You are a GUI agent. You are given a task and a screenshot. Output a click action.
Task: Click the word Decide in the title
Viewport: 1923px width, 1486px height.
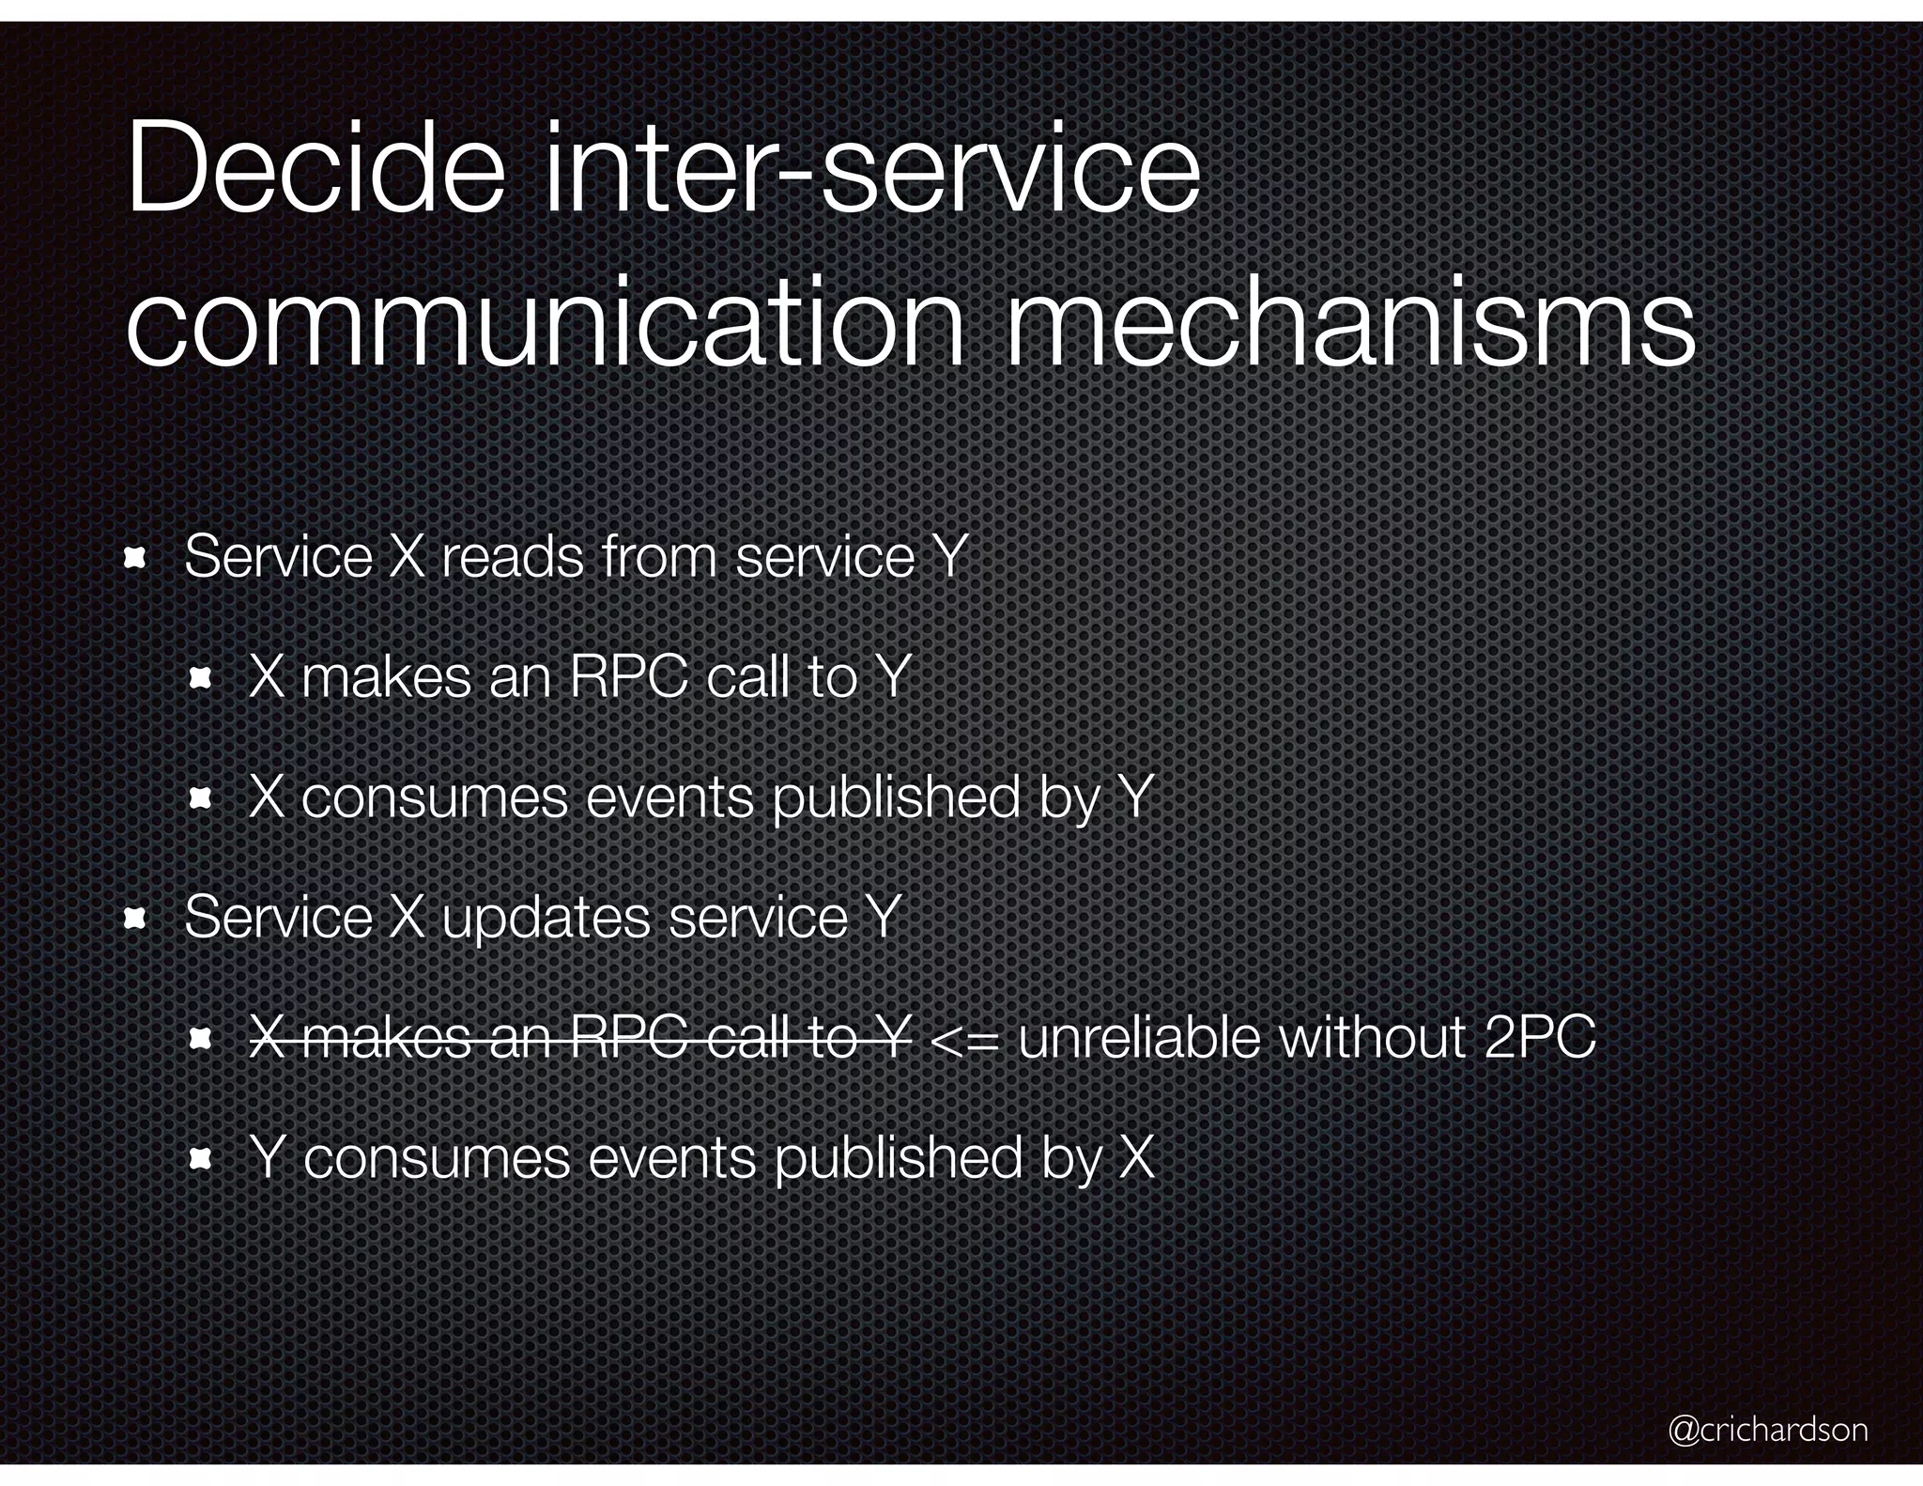(x=315, y=169)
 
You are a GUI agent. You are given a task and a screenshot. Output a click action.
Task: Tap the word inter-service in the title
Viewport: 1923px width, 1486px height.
(x=871, y=169)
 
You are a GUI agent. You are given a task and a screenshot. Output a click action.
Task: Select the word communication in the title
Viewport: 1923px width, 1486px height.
(x=545, y=324)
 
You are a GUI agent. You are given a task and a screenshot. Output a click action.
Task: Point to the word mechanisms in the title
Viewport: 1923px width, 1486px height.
(x=1350, y=324)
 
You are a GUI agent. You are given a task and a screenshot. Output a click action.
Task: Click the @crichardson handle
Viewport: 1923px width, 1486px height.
(x=1767, y=1429)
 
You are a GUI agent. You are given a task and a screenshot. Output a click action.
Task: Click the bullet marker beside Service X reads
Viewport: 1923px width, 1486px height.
(x=136, y=559)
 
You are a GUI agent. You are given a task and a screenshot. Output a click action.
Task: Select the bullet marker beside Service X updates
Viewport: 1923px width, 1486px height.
(x=136, y=920)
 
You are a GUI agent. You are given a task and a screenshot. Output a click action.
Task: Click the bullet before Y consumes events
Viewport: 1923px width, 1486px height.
(x=200, y=1160)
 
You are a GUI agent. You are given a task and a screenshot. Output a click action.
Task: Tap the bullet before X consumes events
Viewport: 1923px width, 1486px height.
(x=200, y=799)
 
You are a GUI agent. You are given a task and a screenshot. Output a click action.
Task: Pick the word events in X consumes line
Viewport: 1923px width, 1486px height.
(x=669, y=798)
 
